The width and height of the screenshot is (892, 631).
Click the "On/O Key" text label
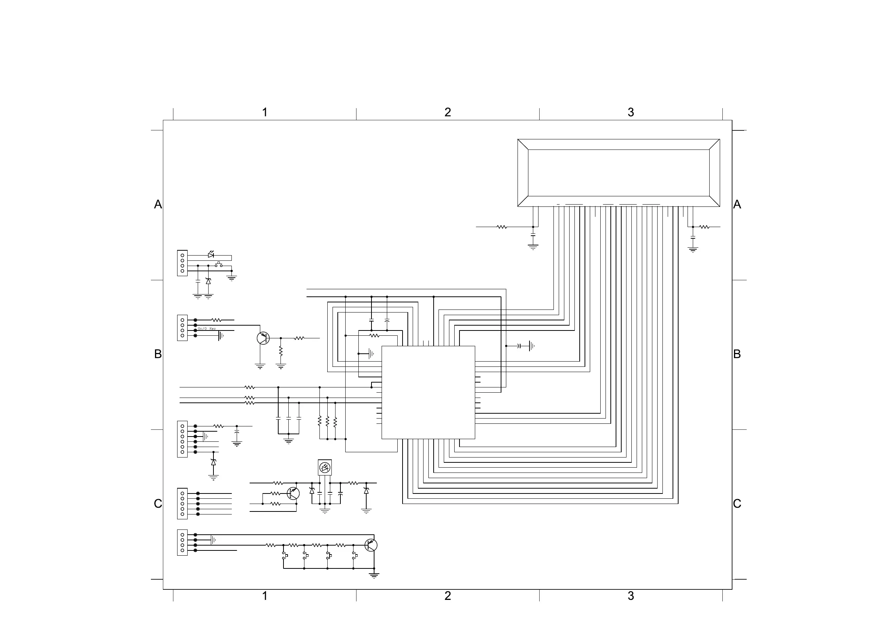click(207, 329)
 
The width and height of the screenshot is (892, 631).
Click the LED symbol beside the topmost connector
click(210, 255)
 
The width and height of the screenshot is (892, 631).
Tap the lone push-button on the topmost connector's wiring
click(219, 265)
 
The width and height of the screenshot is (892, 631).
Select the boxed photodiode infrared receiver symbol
click(324, 467)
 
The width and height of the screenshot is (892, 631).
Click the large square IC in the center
click(428, 392)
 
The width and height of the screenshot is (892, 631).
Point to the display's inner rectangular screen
click(619, 173)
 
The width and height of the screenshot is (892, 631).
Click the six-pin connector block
click(182, 439)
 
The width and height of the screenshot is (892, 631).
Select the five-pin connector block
click(182, 504)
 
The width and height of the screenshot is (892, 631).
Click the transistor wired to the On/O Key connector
click(263, 338)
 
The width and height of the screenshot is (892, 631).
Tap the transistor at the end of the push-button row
click(371, 545)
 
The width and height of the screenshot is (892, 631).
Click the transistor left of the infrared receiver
click(293, 493)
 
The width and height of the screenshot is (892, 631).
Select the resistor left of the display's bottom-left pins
click(502, 227)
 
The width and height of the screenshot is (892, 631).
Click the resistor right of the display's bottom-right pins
click(704, 227)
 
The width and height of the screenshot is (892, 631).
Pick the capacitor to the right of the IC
click(519, 345)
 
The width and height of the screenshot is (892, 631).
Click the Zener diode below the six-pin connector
click(213, 462)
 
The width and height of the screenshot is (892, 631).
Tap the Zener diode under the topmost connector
click(208, 281)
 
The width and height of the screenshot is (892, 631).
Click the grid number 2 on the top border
click(447, 112)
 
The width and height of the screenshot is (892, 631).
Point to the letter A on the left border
click(158, 204)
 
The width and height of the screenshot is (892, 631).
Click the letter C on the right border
click(737, 504)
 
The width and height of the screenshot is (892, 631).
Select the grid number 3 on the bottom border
click(631, 596)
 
